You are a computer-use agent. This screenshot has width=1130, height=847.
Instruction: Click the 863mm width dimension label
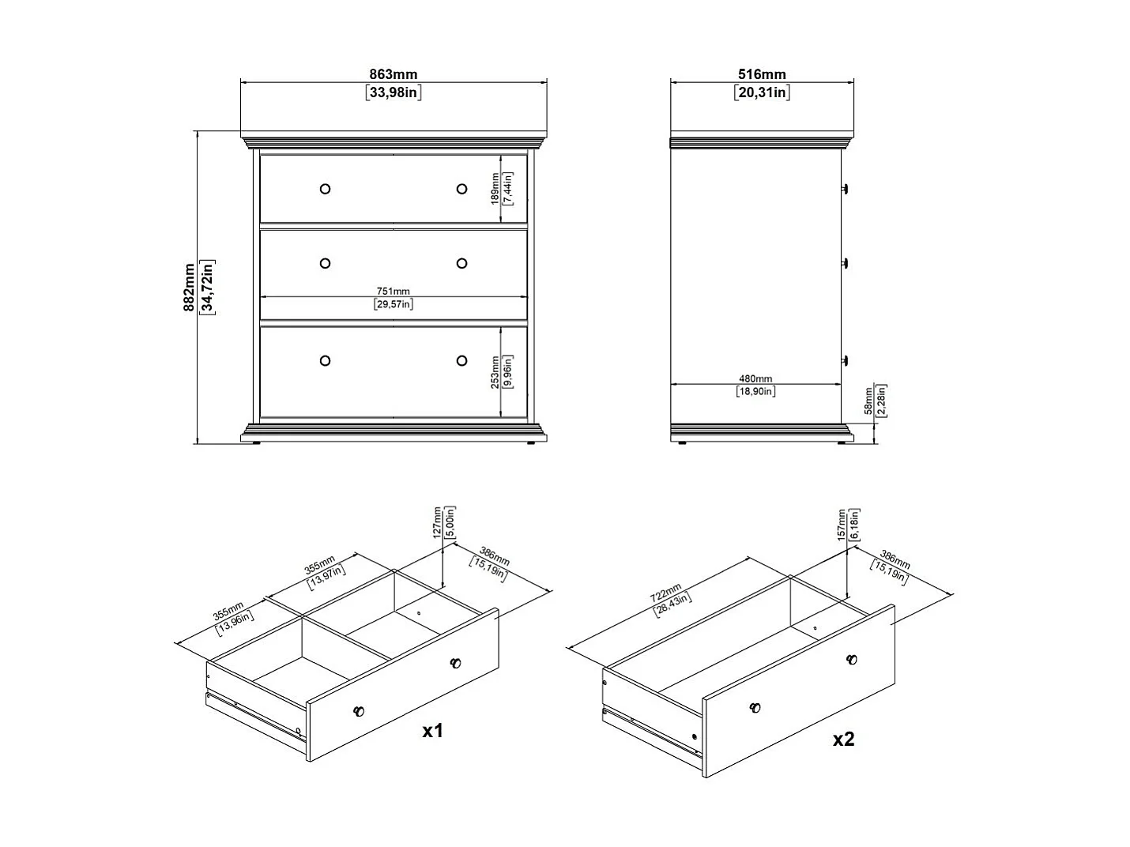[394, 75]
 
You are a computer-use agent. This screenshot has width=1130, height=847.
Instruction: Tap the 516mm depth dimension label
[762, 75]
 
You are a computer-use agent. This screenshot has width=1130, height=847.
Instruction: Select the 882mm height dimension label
[190, 288]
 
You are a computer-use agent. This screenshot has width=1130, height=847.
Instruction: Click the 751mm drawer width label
[394, 292]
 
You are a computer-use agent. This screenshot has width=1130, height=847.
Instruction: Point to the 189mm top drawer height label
[495, 189]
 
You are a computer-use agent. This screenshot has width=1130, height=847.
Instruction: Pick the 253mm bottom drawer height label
[495, 371]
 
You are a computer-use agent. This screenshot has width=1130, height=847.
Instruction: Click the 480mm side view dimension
[756, 379]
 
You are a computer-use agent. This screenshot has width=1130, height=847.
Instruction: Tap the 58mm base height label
[868, 401]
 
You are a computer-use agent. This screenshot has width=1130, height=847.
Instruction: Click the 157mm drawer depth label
[842, 524]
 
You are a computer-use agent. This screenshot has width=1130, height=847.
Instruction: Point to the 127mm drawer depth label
[437, 522]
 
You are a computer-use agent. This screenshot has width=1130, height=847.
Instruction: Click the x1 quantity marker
[432, 731]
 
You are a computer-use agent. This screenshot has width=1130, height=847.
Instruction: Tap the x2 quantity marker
[844, 739]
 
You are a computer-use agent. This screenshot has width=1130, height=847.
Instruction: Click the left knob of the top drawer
[325, 189]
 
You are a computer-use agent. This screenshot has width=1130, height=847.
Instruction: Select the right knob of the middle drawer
[461, 263]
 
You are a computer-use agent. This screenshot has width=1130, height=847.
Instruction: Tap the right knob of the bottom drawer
[461, 361]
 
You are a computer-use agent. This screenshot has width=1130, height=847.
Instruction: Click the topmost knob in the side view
[845, 189]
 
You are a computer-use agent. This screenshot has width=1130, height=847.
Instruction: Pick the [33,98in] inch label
[394, 92]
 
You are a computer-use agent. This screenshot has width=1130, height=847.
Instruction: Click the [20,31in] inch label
[762, 92]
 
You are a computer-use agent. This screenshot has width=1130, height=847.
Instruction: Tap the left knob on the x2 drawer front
[755, 708]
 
